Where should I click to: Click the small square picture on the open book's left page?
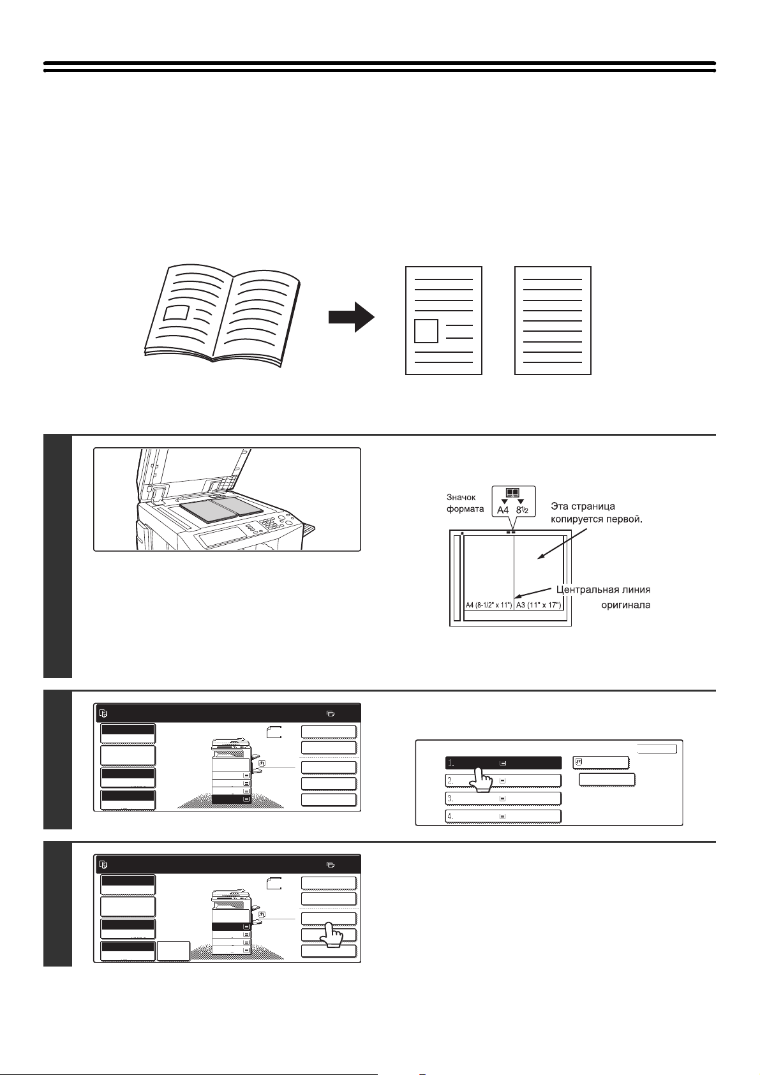point(176,313)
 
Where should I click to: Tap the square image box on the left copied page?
point(426,331)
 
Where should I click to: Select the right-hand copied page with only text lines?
point(553,320)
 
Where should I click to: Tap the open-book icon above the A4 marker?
point(512,493)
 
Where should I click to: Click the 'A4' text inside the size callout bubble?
point(503,510)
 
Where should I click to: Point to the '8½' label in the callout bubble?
point(522,510)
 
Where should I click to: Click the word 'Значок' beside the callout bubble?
point(461,496)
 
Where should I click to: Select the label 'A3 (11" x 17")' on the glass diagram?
point(538,605)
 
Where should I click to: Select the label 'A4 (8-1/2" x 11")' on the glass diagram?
point(488,605)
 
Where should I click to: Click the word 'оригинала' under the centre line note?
point(625,605)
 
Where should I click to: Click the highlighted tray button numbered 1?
point(503,762)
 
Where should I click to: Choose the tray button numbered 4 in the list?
point(503,816)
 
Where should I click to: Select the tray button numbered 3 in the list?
point(503,798)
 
